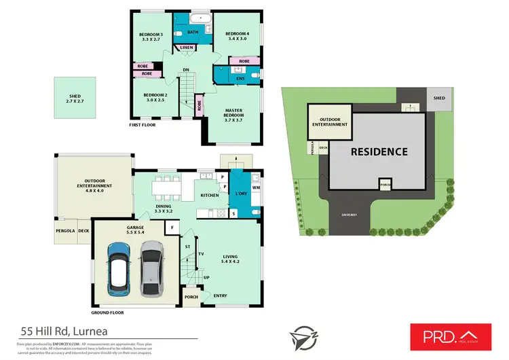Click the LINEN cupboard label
click(185, 47)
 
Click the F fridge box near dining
click(172, 227)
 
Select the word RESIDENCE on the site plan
click(379, 151)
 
